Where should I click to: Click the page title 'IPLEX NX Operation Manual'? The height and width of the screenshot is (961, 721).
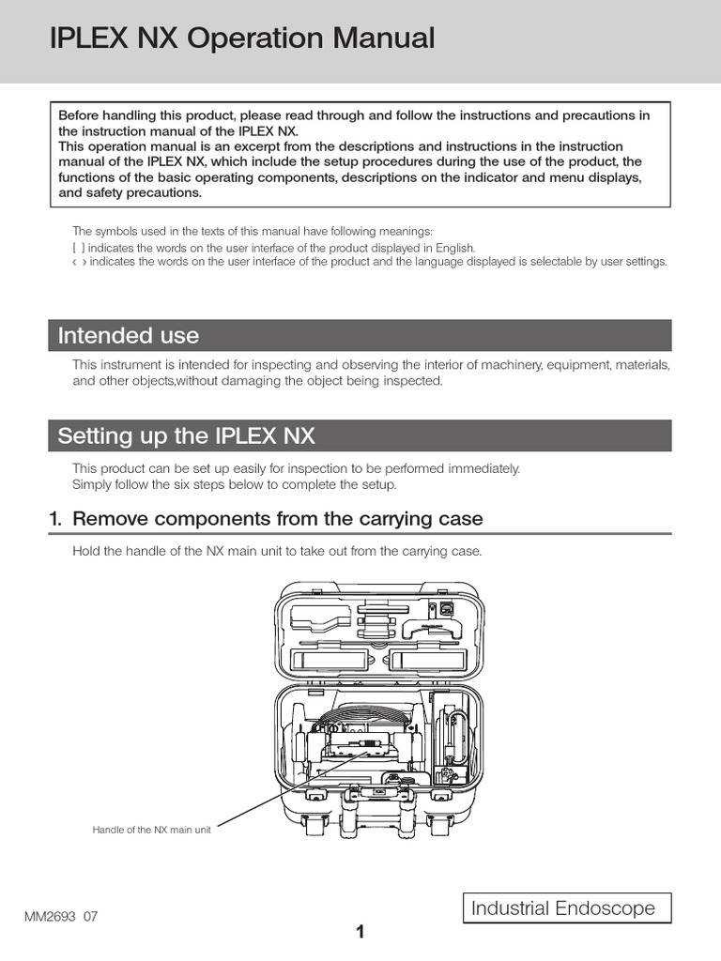[x=241, y=38]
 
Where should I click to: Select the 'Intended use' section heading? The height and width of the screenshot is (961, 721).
[x=129, y=335]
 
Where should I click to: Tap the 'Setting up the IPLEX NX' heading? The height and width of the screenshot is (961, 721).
[x=187, y=435]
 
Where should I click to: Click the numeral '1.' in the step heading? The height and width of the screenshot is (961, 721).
[x=55, y=518]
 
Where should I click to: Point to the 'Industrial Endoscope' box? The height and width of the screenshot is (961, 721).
[x=568, y=908]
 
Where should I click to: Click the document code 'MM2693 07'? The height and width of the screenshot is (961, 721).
[x=61, y=916]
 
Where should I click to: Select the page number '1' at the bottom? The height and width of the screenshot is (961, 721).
[x=360, y=932]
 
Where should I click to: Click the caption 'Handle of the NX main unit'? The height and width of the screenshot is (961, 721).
[x=151, y=830]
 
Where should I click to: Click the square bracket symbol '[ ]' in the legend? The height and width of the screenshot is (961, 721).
[x=78, y=248]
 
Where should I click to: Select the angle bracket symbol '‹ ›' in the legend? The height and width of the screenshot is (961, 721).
[x=79, y=262]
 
